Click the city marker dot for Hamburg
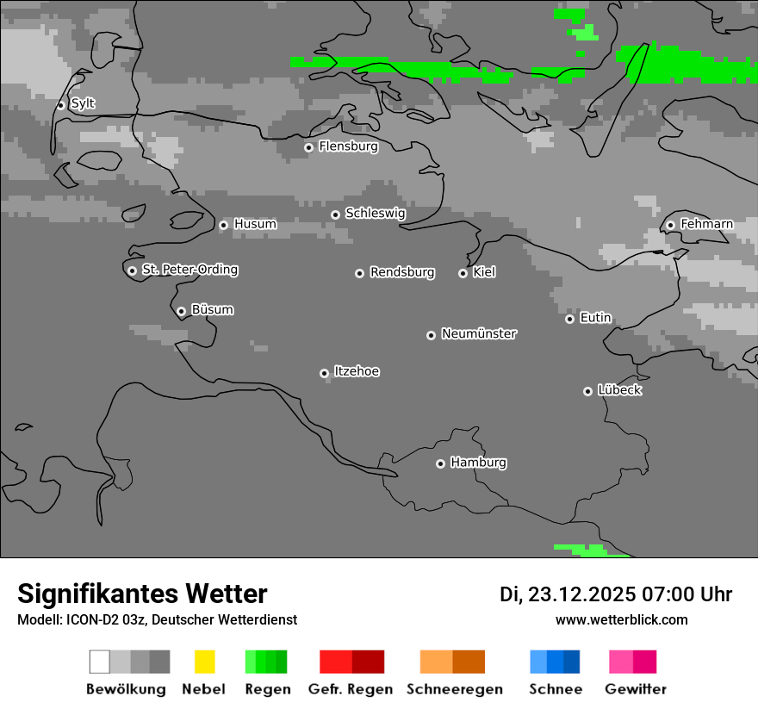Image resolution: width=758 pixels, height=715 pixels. [440, 463]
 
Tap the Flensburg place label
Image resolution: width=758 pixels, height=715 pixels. [348, 146]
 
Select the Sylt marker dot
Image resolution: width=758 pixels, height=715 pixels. [61, 105]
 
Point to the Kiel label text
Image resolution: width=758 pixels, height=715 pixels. [484, 272]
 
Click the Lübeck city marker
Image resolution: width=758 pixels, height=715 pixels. [587, 391]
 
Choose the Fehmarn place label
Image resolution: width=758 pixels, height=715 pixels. [706, 224]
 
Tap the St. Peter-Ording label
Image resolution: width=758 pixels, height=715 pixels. [189, 270]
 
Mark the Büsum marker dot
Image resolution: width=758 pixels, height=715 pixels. [181, 311]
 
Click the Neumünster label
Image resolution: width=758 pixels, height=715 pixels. [479, 333]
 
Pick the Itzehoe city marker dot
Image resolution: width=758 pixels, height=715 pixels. [324, 373]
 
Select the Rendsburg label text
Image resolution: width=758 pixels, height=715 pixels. [402, 272]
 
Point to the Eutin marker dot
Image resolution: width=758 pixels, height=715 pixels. [569, 319]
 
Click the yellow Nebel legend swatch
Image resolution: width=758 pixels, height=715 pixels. [204, 662]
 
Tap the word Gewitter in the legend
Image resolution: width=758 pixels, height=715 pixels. [636, 689]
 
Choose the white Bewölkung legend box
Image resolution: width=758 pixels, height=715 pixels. [99, 662]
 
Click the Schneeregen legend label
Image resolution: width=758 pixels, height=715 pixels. [455, 689]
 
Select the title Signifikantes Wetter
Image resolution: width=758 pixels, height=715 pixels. [142, 594]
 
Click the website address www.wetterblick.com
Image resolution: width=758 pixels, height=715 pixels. [621, 619]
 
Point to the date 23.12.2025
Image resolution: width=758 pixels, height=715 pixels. [581, 594]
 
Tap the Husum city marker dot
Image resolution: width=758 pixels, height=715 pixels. [223, 225]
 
